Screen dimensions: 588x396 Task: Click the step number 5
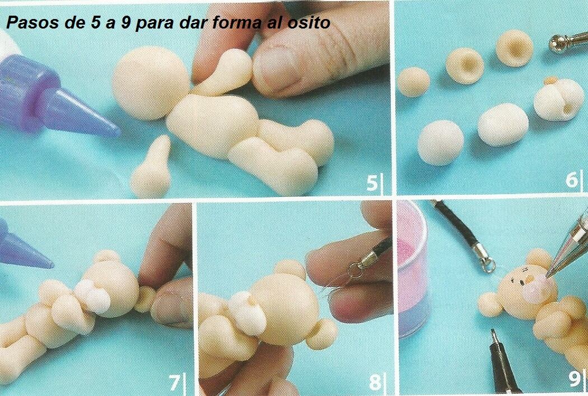tap(372, 183)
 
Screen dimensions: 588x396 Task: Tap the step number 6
tap(572, 180)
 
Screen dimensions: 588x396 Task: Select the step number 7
tap(174, 382)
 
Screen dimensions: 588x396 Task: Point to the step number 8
tap(375, 382)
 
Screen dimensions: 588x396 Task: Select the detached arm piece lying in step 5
tap(152, 168)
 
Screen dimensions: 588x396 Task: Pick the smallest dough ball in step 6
tap(413, 82)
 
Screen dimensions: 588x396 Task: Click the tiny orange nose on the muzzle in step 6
tap(550, 81)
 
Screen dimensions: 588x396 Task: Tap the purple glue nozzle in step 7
tap(22, 248)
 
